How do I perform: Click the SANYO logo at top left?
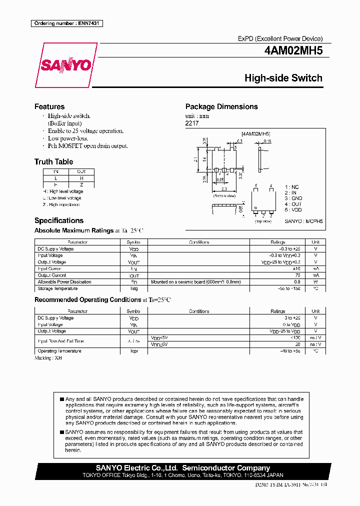[65, 65]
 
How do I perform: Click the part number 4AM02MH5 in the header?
[293, 51]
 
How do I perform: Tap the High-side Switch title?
[283, 78]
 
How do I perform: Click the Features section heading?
[49, 106]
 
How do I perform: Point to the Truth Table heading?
[53, 161]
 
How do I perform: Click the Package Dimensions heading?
[221, 106]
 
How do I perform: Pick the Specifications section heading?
[59, 220]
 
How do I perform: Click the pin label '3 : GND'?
[293, 198]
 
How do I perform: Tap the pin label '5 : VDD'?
[293, 210]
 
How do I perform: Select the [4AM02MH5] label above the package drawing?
[255, 134]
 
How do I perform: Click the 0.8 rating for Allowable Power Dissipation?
[297, 282]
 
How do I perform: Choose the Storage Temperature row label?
[58, 288]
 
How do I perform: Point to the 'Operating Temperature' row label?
[59, 351]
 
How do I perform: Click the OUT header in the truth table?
[81, 171]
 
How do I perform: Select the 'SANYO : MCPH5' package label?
[304, 220]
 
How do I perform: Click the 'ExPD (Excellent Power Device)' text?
[280, 38]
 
